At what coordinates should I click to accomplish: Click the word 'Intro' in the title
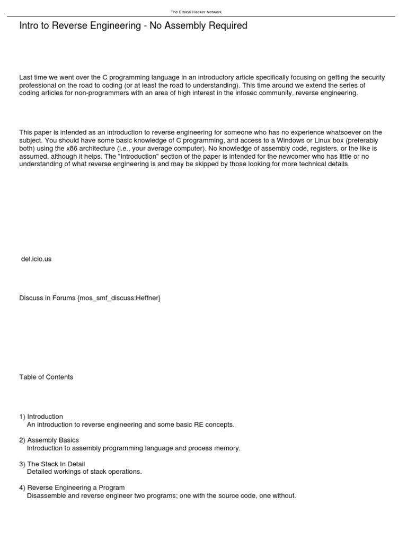click(x=30, y=25)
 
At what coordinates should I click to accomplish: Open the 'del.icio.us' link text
click(x=36, y=259)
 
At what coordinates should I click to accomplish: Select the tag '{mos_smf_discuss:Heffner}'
click(x=119, y=298)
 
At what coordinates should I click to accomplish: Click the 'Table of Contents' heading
click(x=46, y=377)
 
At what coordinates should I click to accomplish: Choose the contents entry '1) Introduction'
click(x=41, y=417)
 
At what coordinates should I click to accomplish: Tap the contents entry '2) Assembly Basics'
click(x=49, y=440)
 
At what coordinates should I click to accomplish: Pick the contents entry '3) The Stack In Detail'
click(x=52, y=464)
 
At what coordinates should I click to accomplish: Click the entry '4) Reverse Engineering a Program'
click(x=72, y=487)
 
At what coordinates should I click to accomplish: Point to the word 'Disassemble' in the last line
click(x=46, y=496)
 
